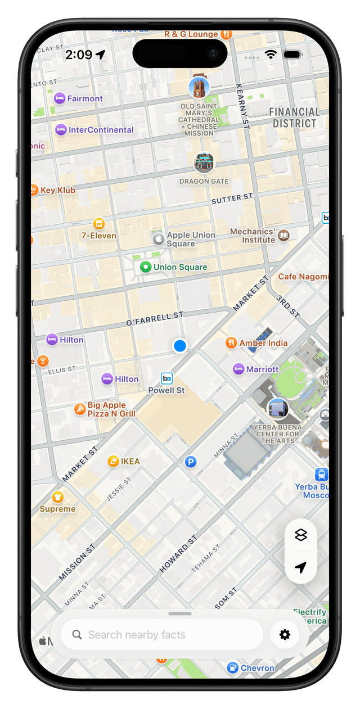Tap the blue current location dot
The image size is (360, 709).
click(x=180, y=346)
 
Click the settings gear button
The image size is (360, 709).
click(x=285, y=635)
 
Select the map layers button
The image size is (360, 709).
click(x=301, y=535)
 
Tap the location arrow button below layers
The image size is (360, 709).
click(x=301, y=568)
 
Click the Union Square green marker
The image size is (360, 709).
click(x=146, y=267)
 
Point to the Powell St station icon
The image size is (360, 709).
click(x=166, y=378)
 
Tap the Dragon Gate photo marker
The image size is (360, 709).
click(x=204, y=162)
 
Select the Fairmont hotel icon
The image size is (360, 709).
click(x=59, y=98)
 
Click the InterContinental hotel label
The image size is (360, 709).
click(x=101, y=130)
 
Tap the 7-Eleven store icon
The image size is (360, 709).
click(x=99, y=223)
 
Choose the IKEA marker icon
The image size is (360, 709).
click(x=113, y=462)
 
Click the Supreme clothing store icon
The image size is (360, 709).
click(x=57, y=497)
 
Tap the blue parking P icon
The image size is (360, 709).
click(x=191, y=462)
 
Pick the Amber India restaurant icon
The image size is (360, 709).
click(x=231, y=343)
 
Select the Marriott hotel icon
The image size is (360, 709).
click(x=238, y=369)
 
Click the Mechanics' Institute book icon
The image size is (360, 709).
click(x=284, y=236)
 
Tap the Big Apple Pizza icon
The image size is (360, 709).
click(x=80, y=409)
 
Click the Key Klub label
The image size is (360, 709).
click(x=57, y=190)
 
